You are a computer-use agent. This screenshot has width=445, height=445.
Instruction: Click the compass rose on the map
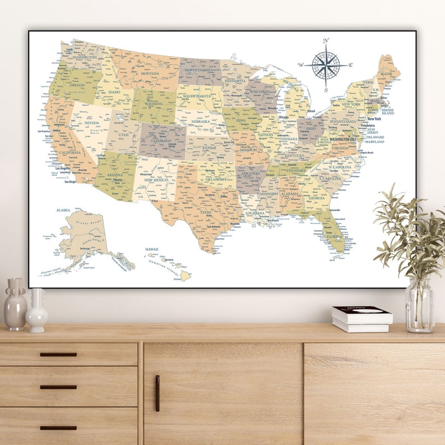(326, 64)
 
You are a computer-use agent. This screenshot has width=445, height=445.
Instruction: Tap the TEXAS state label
(206, 212)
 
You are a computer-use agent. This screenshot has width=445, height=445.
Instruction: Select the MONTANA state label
(150, 73)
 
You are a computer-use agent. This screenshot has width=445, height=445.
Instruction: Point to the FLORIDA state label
(335, 237)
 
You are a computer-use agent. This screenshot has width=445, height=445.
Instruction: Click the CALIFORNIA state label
(69, 152)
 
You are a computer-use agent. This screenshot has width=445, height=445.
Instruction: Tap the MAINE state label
(386, 74)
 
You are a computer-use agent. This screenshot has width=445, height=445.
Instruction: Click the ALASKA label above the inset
(63, 210)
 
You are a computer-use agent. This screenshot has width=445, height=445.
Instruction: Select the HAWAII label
(152, 249)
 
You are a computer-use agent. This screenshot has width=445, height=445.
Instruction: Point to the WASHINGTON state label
(85, 57)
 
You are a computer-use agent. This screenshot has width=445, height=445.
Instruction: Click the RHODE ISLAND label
(388, 112)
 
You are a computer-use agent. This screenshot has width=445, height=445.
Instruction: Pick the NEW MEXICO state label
(156, 180)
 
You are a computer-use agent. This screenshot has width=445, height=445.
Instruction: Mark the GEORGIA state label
(317, 198)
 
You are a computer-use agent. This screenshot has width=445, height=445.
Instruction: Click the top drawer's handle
(58, 354)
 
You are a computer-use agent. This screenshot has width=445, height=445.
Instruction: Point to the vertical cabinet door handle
(157, 393)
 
